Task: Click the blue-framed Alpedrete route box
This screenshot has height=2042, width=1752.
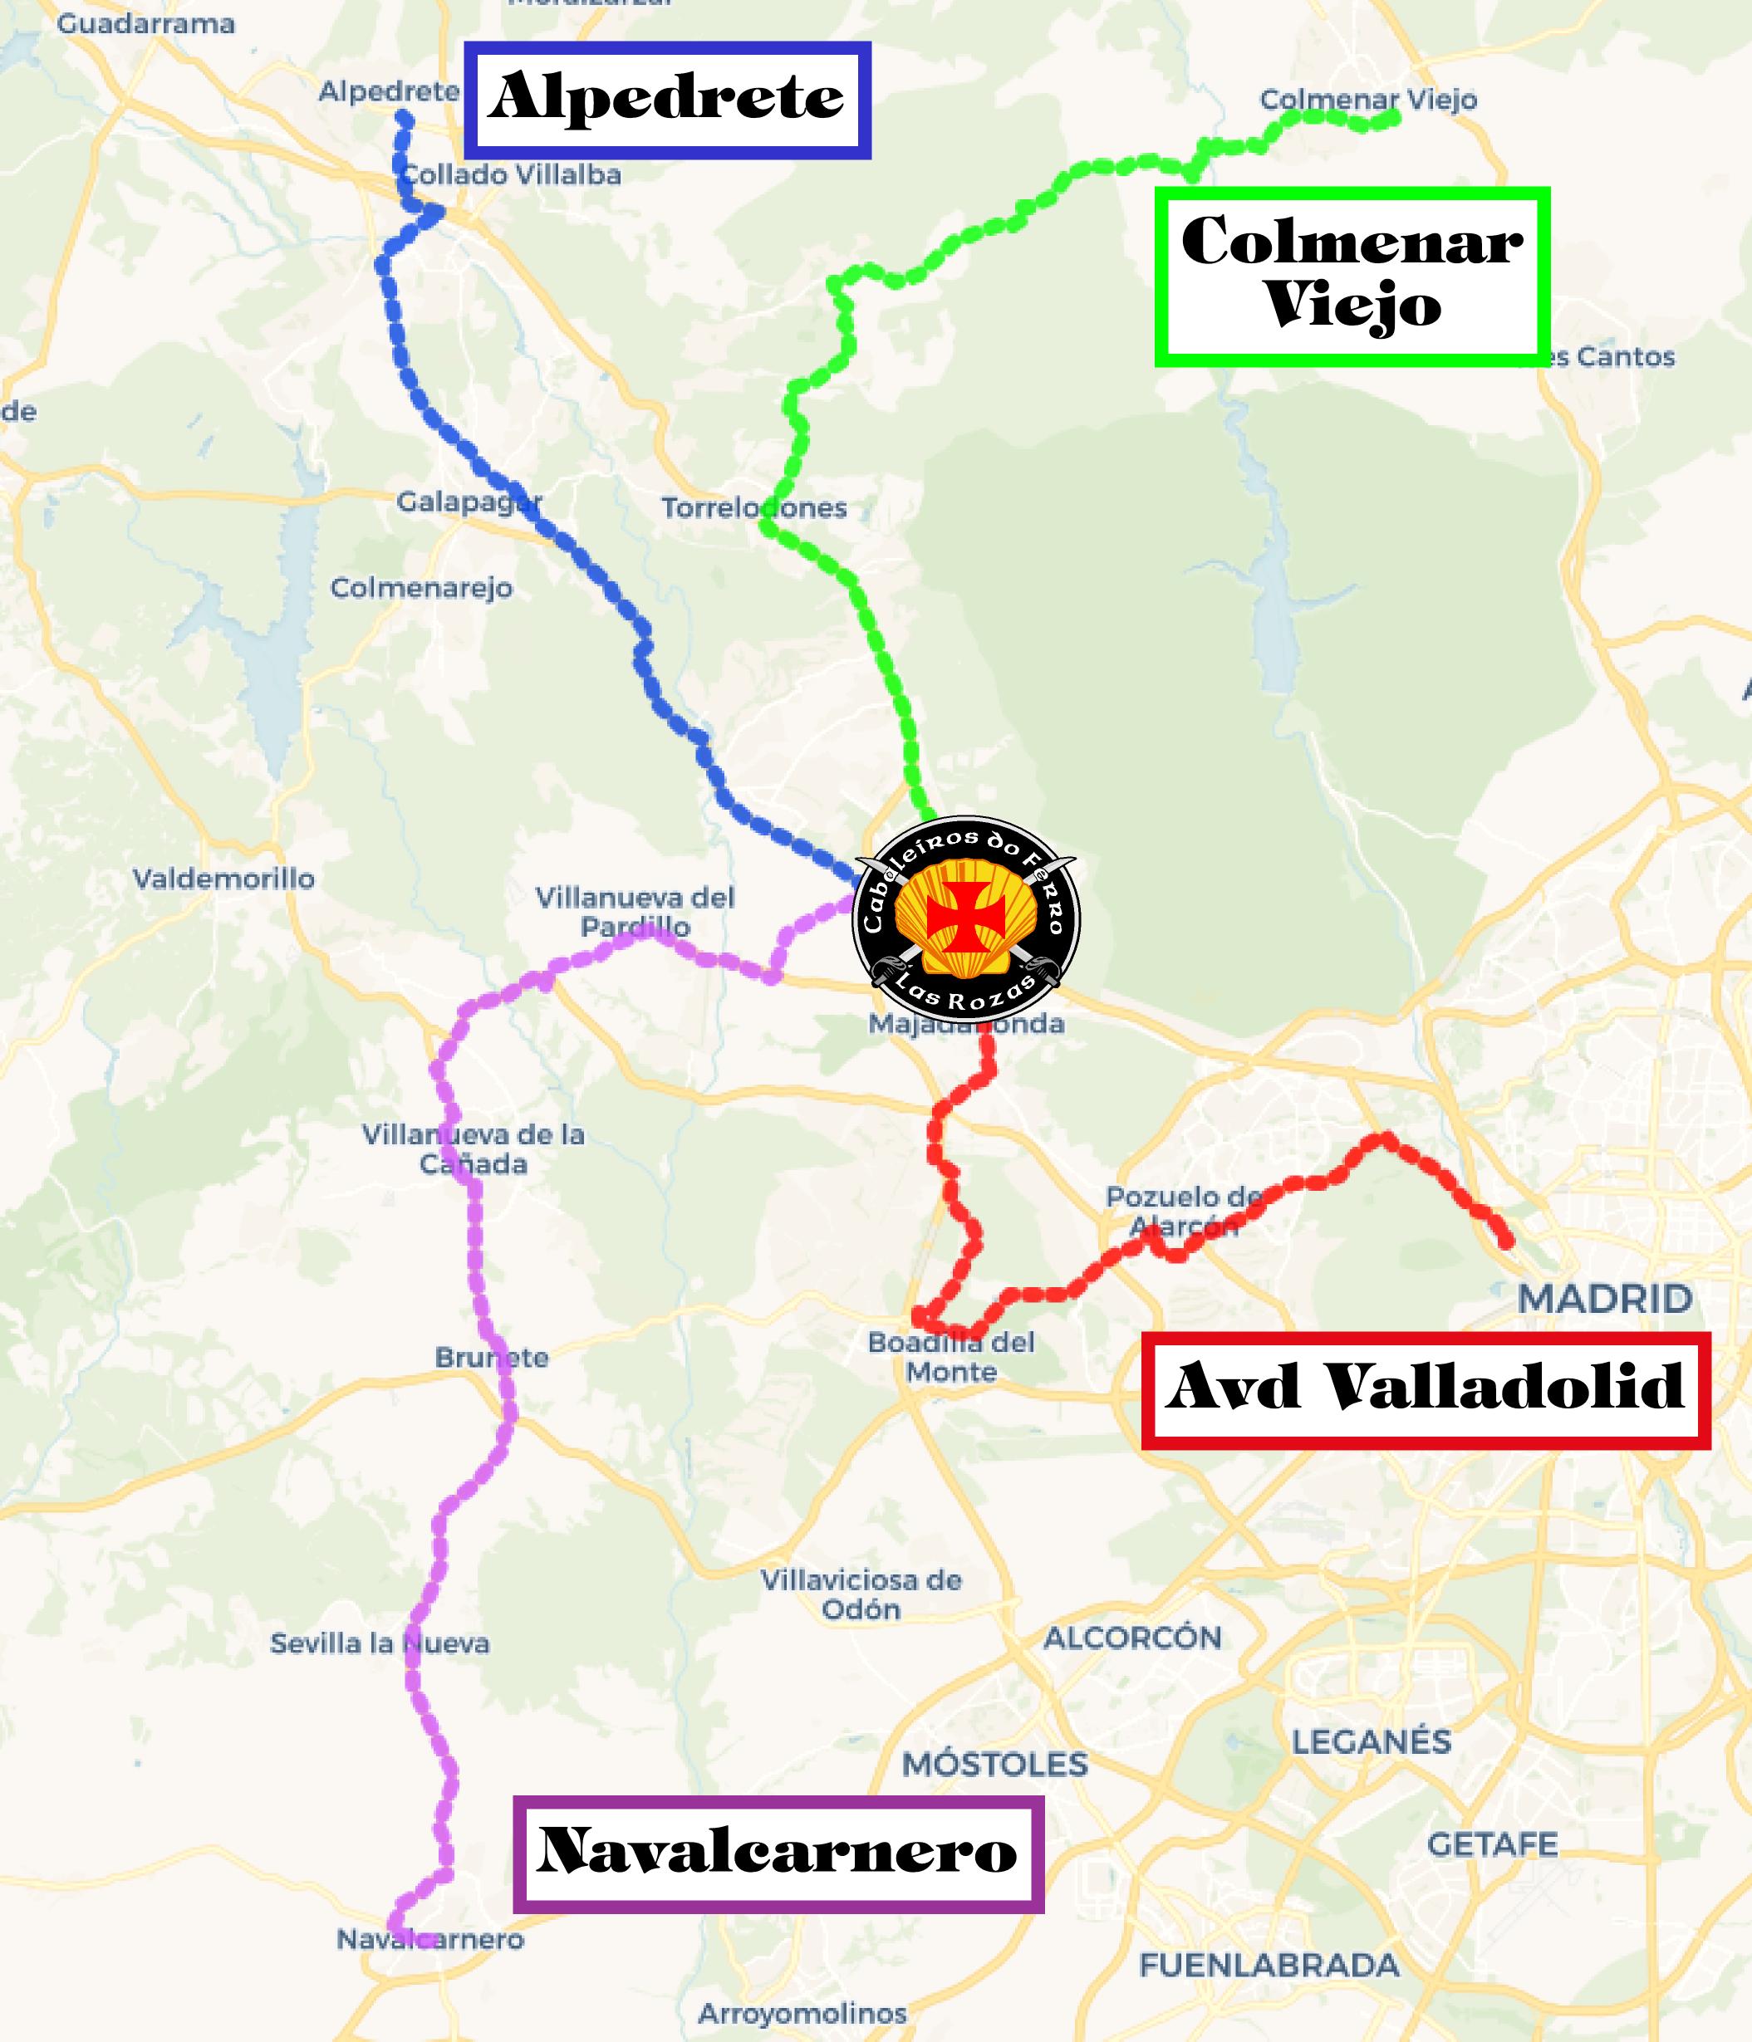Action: point(667,100)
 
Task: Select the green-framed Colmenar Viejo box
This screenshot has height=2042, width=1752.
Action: point(1352,275)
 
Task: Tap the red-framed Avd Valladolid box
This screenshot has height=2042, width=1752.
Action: point(1426,1389)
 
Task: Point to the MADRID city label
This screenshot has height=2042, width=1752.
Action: point(1605,1298)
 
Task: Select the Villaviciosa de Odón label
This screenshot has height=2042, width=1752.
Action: point(861,1594)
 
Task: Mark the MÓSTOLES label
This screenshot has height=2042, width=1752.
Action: point(995,1763)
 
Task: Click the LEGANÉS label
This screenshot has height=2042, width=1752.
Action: point(1372,1741)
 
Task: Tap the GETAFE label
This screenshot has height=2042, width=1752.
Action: point(1493,1844)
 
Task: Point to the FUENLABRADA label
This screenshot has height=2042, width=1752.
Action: point(1269,1965)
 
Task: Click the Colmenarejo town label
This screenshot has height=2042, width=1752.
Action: point(421,589)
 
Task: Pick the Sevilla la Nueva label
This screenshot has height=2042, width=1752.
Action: point(380,1643)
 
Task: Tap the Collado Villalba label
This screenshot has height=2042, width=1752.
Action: point(513,175)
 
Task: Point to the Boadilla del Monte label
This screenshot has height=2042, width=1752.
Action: point(951,1356)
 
